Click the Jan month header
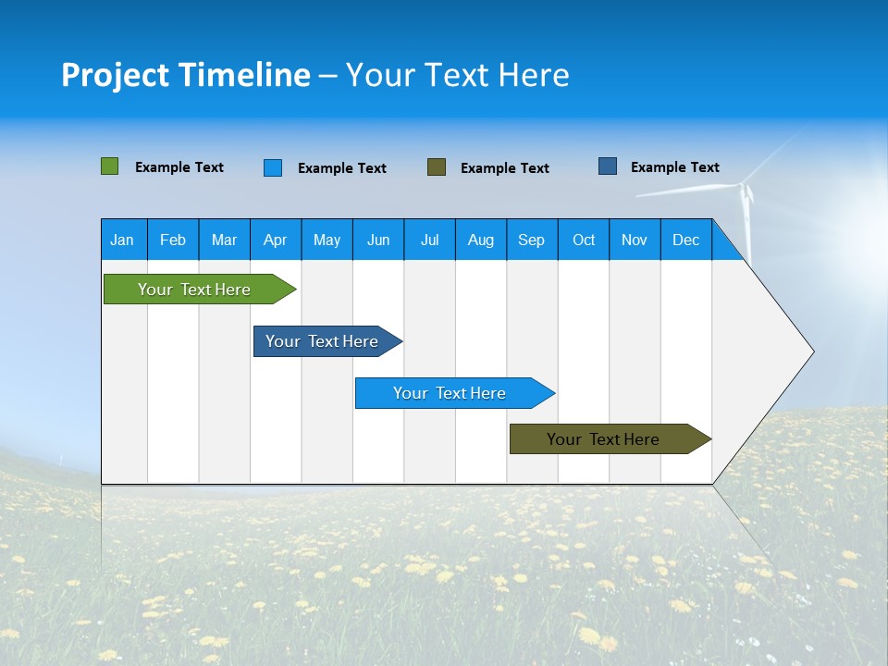pos(122,240)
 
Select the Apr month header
pos(275,240)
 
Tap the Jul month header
pos(429,240)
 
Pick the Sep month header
pos(531,240)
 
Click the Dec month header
pos(685,240)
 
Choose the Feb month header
pos(173,240)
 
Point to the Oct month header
pos(584,240)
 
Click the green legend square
pos(110,166)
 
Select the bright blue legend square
pos(273,167)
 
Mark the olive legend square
pos(437,167)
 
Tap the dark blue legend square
pos(608,166)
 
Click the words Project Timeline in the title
pos(186,75)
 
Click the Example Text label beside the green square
pos(179,167)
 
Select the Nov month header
pos(635,240)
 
